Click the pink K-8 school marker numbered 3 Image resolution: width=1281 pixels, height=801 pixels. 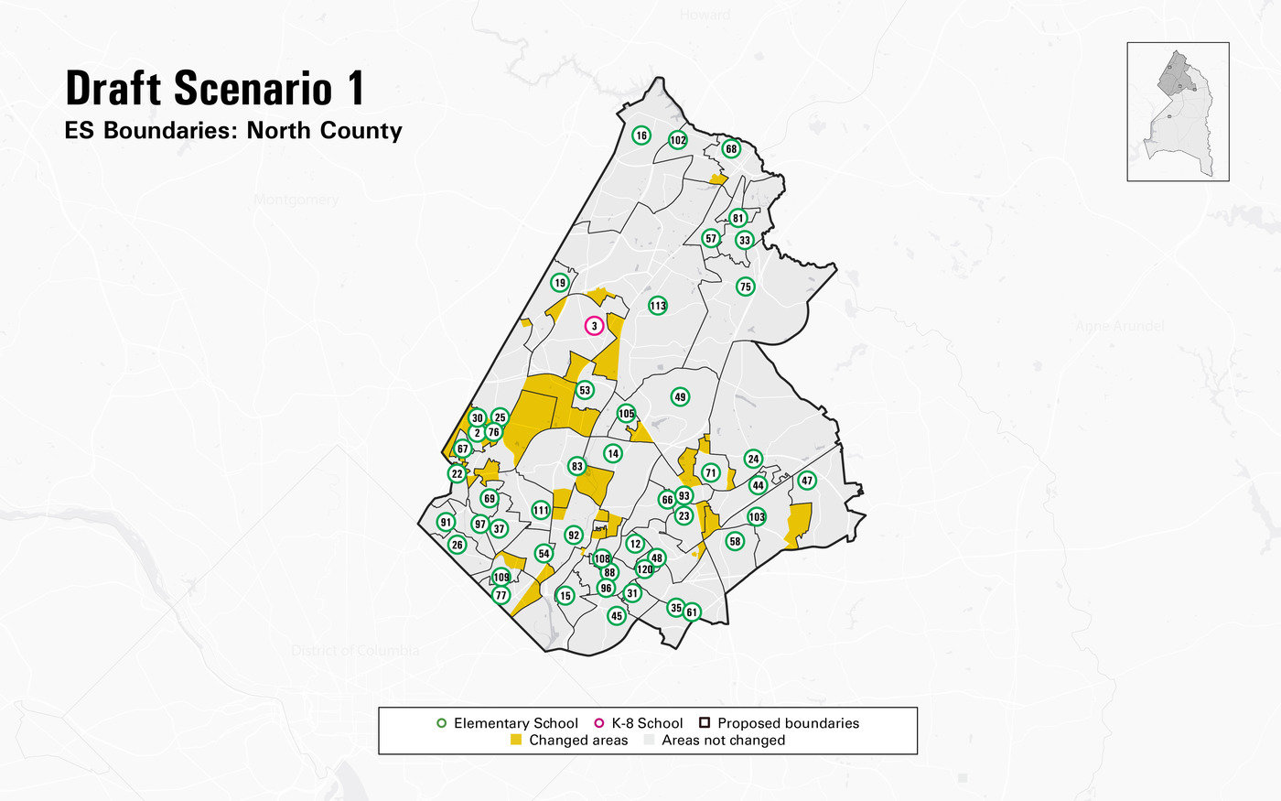tap(594, 326)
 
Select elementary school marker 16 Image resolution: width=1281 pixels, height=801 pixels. tap(641, 135)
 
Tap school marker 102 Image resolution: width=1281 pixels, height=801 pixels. tap(677, 140)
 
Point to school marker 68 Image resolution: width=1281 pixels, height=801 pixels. tap(731, 148)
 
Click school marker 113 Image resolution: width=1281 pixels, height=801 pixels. tap(658, 305)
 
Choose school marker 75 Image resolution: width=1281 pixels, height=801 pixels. tap(745, 287)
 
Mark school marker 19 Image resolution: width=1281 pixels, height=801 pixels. tap(560, 283)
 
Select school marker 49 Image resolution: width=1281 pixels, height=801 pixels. tap(680, 396)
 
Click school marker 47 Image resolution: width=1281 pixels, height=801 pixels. tap(807, 481)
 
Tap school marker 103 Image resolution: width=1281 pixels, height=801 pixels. tap(757, 517)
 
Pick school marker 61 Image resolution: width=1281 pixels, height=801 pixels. tap(692, 612)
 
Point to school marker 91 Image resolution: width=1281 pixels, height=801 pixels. tap(446, 523)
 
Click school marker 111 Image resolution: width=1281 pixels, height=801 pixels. tap(541, 511)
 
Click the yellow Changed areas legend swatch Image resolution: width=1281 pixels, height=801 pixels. tap(516, 740)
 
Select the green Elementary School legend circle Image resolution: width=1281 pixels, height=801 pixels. tap(442, 723)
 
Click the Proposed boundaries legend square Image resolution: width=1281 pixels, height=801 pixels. tap(705, 723)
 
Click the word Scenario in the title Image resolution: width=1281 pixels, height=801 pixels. tap(253, 89)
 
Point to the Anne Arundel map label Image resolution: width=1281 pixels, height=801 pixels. tap(1120, 326)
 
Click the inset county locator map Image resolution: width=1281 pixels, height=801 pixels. tap(1178, 111)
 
